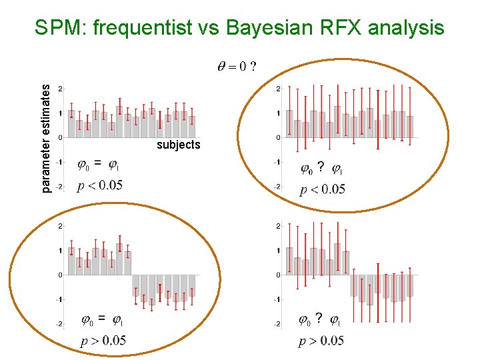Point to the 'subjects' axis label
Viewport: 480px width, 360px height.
pos(178,145)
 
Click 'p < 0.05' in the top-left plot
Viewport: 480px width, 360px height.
pos(100,185)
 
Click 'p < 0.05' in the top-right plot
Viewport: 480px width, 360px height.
pos(323,189)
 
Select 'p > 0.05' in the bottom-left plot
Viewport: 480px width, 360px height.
pos(103,341)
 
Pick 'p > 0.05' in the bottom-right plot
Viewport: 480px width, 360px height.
pos(321,341)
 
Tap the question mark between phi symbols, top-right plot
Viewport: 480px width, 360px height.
pos(321,166)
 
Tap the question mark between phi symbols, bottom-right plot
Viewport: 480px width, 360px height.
pos(319,318)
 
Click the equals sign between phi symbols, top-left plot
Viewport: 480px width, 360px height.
pos(98,162)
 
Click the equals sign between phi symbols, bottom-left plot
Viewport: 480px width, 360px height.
pos(101,317)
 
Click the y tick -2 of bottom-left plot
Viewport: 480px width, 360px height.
pos(59,324)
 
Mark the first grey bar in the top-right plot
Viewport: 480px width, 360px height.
pos(289,123)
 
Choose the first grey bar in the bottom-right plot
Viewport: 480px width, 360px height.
pos(289,261)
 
